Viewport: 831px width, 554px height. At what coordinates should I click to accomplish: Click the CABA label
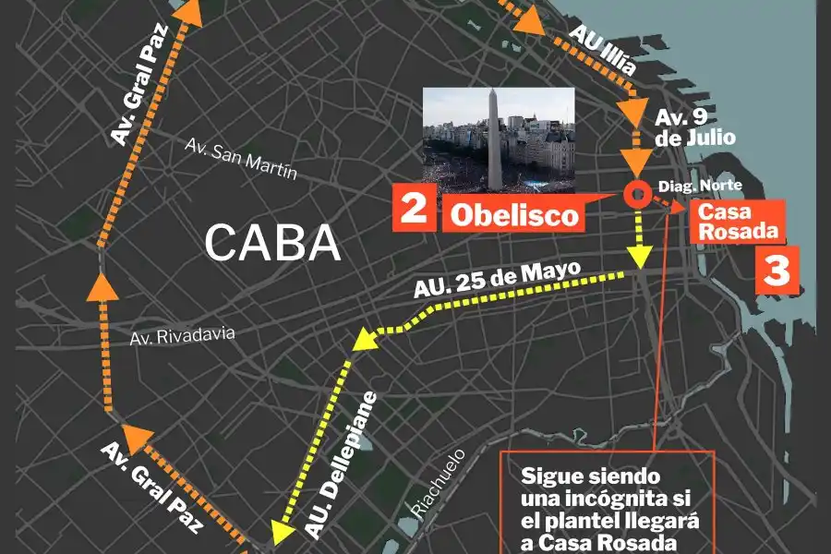click(272, 243)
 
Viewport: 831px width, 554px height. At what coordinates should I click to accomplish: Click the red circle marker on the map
click(636, 195)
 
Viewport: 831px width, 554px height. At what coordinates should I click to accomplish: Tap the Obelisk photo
click(499, 139)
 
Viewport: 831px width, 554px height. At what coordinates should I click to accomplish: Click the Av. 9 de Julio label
click(694, 128)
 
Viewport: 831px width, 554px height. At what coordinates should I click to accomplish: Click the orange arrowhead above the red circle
click(637, 163)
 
